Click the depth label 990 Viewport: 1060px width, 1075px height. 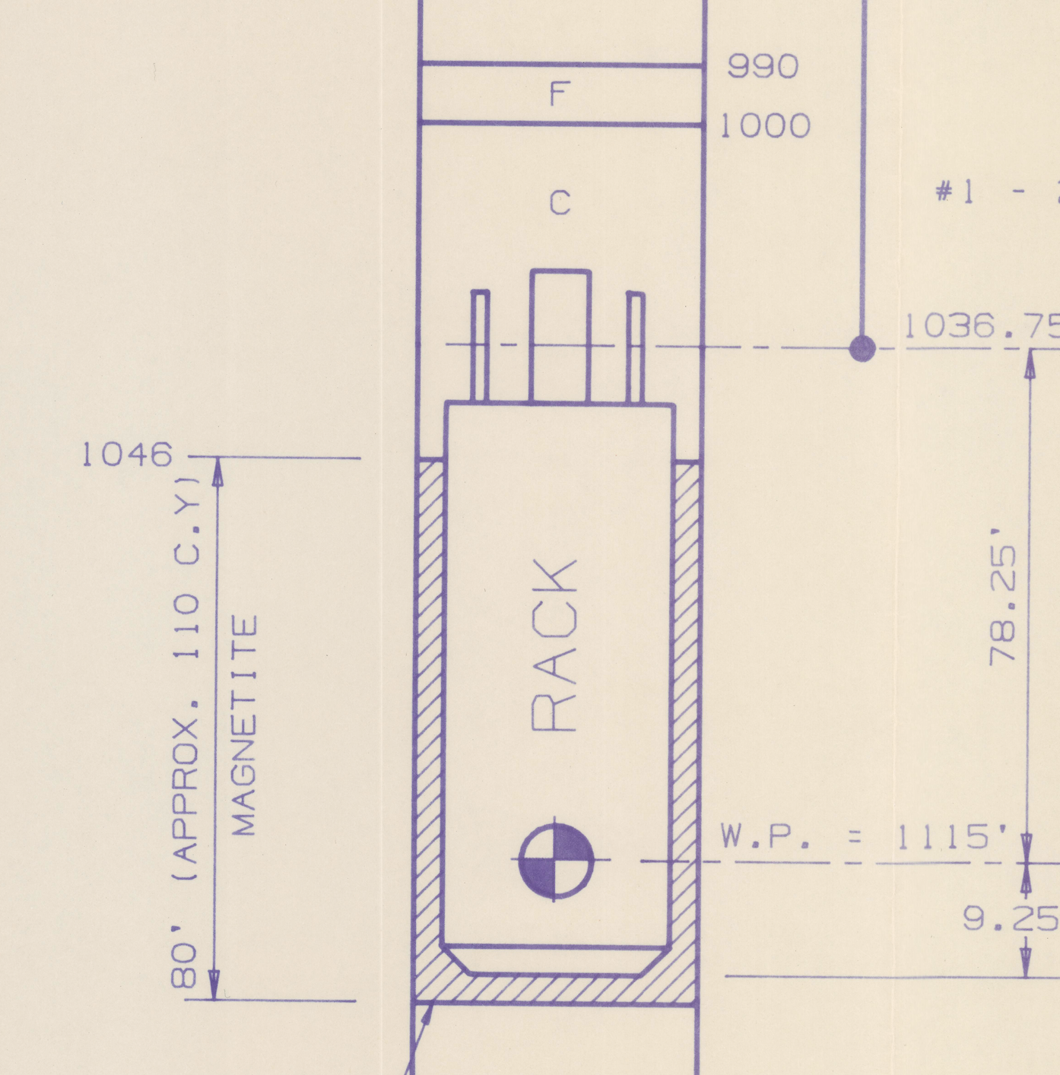763,67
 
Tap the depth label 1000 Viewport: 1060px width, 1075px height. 765,125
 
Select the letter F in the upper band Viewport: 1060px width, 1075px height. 560,94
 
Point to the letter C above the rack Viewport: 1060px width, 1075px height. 560,202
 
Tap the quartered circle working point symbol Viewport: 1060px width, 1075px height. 556,860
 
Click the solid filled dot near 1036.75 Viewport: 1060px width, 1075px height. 862,349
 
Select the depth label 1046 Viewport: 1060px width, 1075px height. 127,454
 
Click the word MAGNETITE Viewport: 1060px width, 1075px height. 245,725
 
